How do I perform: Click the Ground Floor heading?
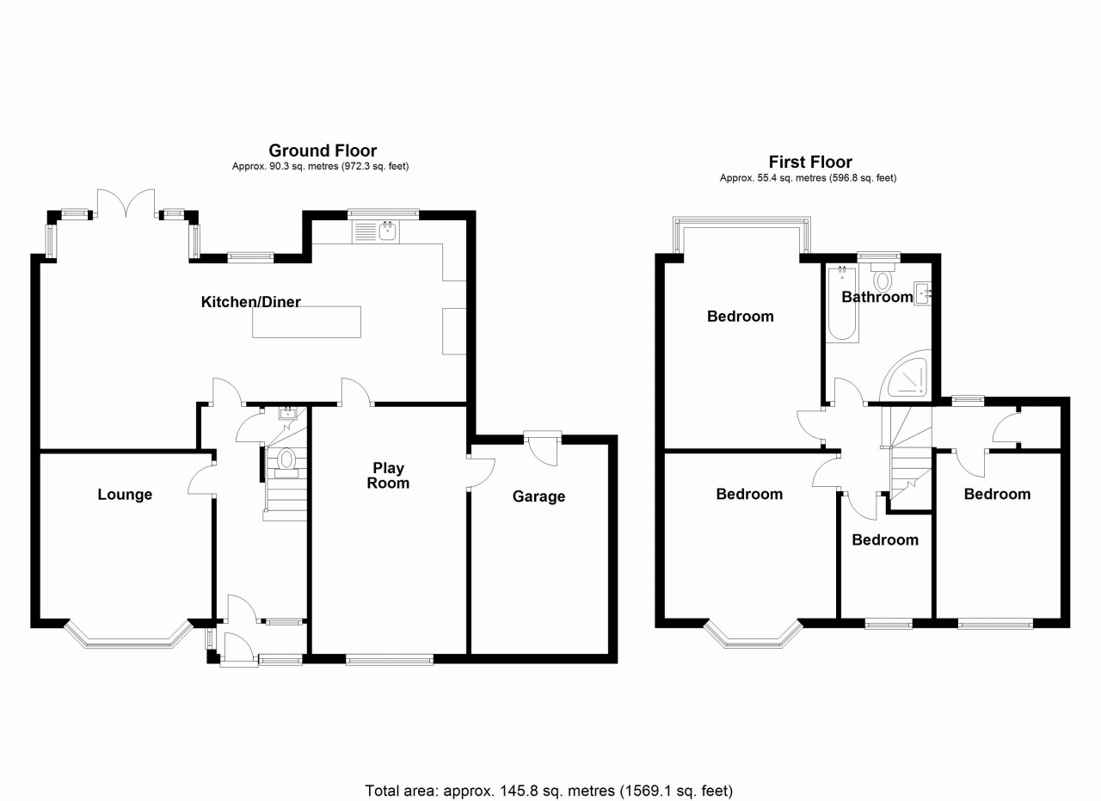[323, 151]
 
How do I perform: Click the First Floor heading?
[810, 163]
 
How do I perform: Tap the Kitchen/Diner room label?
[250, 302]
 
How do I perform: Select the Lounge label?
[125, 495]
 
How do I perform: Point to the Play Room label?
[389, 476]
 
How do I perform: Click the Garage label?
[538, 496]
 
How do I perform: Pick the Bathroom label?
[876, 298]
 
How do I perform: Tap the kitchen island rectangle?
[307, 322]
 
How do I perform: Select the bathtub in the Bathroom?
[841, 305]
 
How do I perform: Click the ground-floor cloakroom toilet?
[286, 460]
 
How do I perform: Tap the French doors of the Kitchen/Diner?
[126, 203]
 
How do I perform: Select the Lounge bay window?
[128, 638]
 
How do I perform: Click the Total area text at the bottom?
[549, 789]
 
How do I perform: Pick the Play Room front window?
[390, 660]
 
